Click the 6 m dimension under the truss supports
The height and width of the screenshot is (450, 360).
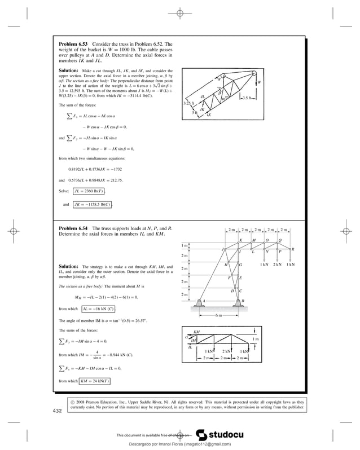pyautogui.click(x=219, y=315)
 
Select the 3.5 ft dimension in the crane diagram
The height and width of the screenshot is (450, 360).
pyautogui.click(x=248, y=98)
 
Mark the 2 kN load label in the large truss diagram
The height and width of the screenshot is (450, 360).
pyautogui.click(x=277, y=264)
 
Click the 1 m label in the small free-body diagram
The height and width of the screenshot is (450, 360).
pyautogui.click(x=256, y=338)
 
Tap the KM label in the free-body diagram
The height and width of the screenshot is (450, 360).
pyautogui.click(x=196, y=333)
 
